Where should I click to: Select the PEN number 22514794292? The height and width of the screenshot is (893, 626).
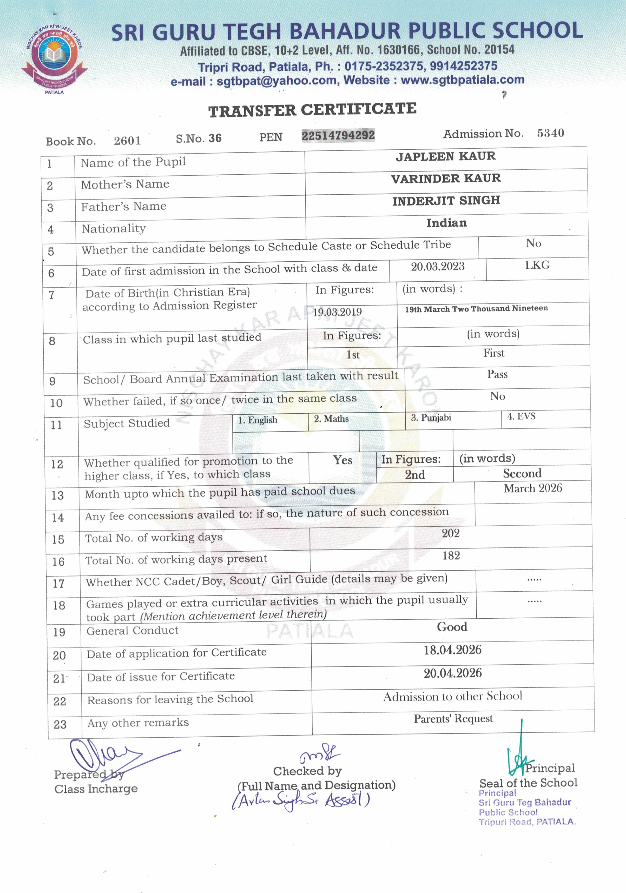(x=338, y=135)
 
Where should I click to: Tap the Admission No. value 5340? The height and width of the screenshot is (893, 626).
(x=550, y=133)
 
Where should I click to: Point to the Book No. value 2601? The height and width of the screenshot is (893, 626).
(x=127, y=140)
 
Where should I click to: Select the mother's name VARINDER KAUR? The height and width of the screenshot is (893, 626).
(x=446, y=178)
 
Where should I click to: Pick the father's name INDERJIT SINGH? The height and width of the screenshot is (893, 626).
(x=446, y=201)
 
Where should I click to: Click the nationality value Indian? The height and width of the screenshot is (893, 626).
(x=446, y=223)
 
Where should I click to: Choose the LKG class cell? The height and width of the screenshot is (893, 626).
(x=537, y=265)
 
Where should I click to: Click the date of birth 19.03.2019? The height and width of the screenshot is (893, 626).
(x=337, y=312)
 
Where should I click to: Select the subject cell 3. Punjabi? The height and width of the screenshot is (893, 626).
(x=431, y=418)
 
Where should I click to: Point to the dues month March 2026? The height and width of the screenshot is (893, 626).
(x=533, y=488)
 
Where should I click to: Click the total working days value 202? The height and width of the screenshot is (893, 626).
(x=451, y=533)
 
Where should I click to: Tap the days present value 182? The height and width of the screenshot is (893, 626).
(x=451, y=555)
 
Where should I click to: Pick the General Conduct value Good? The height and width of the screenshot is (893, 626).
(x=452, y=627)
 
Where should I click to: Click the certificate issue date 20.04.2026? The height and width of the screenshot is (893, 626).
(x=452, y=673)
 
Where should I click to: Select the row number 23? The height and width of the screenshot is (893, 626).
(x=60, y=724)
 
